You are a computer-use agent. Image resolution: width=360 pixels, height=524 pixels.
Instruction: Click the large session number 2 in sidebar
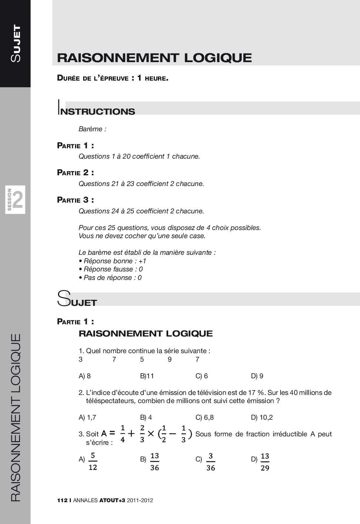click(18, 200)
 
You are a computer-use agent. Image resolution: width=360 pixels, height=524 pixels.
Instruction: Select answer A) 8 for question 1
click(85, 376)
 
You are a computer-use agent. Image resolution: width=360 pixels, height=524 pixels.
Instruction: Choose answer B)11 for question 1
click(147, 376)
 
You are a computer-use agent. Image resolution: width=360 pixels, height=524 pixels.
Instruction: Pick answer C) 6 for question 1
click(201, 376)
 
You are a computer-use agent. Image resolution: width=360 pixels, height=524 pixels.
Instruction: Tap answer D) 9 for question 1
click(257, 376)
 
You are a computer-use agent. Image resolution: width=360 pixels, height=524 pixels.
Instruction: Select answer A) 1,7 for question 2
click(87, 417)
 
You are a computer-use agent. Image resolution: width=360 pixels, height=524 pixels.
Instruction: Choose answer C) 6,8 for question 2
click(204, 417)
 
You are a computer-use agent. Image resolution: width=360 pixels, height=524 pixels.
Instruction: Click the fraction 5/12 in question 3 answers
click(93, 462)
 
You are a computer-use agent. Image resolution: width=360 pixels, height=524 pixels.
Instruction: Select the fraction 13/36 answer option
click(154, 462)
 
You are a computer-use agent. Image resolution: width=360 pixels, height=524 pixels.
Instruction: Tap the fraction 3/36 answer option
click(210, 462)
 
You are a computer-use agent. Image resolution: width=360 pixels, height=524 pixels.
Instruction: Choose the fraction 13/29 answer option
click(265, 462)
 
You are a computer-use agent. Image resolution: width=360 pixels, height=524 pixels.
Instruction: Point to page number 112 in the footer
click(62, 500)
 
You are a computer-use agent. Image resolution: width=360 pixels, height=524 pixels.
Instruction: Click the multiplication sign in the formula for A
click(151, 434)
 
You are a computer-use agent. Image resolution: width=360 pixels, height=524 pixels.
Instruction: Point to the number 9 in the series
click(170, 359)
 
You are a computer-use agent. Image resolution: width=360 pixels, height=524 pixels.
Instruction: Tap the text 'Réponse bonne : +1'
click(115, 261)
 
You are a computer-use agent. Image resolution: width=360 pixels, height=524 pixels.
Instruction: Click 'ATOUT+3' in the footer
click(112, 500)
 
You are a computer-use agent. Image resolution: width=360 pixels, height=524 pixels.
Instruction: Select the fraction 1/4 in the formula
click(123, 434)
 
